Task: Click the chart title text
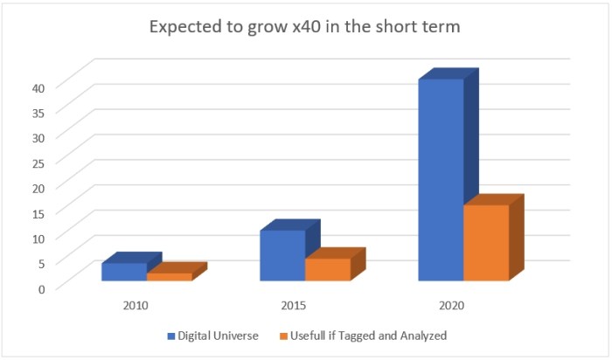click(x=304, y=27)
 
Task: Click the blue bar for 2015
click(x=282, y=255)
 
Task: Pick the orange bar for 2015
click(x=328, y=269)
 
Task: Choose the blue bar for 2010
click(x=124, y=272)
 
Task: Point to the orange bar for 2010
click(x=169, y=277)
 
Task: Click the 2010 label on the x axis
click(x=136, y=307)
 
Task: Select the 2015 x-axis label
click(x=294, y=307)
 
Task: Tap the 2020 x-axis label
click(x=452, y=307)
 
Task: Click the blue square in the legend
click(x=171, y=336)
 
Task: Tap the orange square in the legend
click(x=284, y=336)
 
